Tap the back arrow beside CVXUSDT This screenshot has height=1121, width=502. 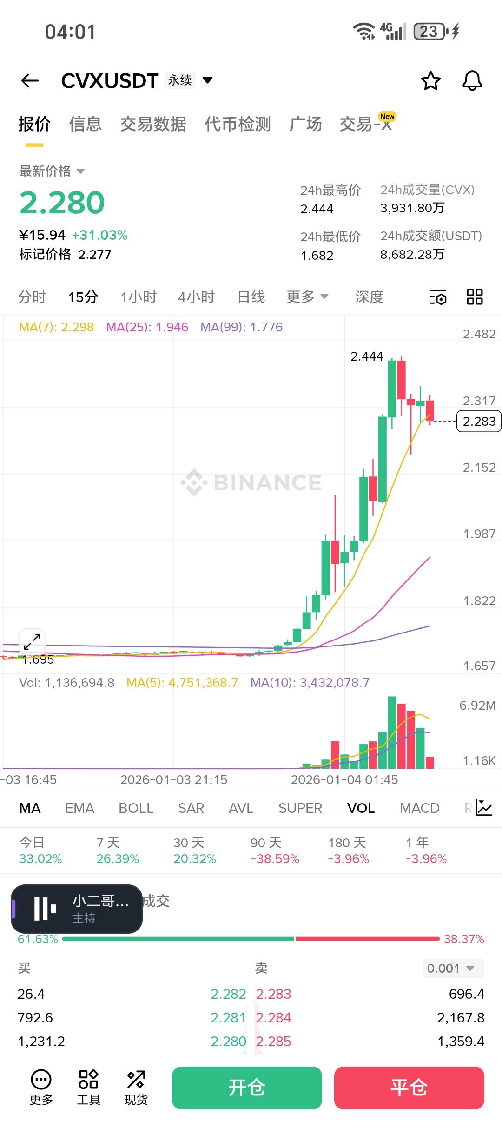pos(30,81)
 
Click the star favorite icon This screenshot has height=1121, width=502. pos(430,81)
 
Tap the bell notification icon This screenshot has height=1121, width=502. pos(472,81)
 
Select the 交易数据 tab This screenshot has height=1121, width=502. pos(153,124)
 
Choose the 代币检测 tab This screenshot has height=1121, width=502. pos(238,124)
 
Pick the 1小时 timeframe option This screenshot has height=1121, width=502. pos(139,297)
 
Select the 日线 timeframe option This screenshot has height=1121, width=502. pos(251,297)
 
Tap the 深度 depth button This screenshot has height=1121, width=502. pos(369,297)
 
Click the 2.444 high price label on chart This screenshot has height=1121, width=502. pos(367,356)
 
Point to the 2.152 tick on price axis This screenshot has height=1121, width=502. pos(479,468)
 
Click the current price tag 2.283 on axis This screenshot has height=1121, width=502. pos(479,422)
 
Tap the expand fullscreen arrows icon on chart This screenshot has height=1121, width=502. pos(32,642)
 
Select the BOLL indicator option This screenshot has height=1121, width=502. pos(136,808)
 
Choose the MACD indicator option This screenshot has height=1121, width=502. pos(419,808)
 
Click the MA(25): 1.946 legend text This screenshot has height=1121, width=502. pos(147,327)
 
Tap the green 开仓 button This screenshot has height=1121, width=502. pos(247,1088)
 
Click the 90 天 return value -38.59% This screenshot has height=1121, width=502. pos(275,859)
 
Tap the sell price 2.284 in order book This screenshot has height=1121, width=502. pos(273,1018)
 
